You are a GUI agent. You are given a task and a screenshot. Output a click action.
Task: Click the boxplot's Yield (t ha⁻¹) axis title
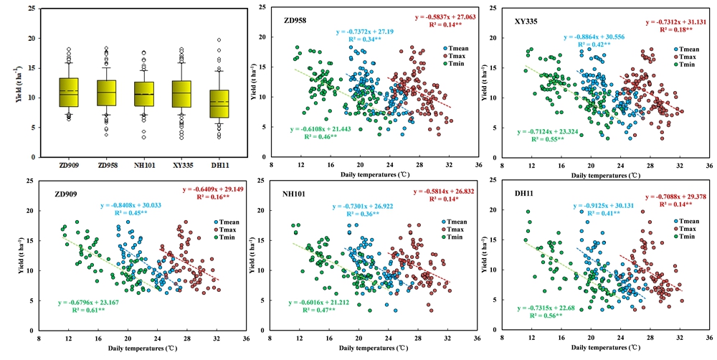tap(9, 82)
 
